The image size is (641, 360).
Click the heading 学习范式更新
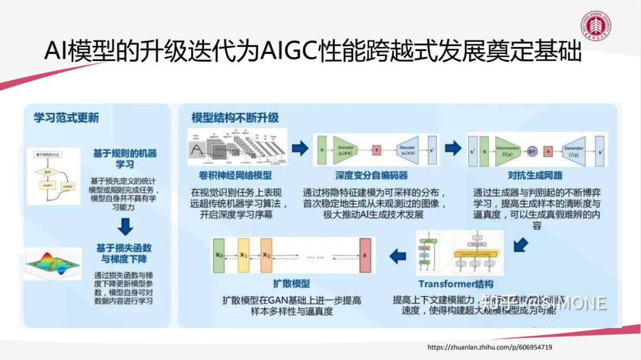(66, 117)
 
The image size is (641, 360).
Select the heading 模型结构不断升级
(235, 117)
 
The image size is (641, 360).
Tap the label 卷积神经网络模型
(236, 176)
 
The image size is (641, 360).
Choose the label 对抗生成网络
(535, 176)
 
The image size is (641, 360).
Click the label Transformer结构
(456, 284)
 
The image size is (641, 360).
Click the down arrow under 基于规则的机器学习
(125, 227)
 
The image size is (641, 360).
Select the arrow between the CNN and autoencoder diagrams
(300, 148)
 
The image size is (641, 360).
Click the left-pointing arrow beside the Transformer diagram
(397, 256)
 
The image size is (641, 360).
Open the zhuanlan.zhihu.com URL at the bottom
(490, 347)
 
